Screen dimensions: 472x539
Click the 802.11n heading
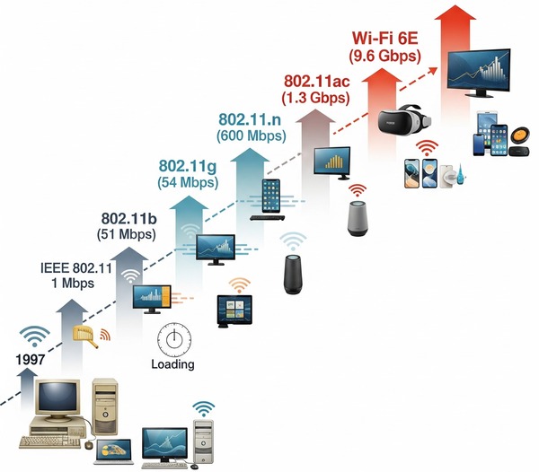tap(251, 119)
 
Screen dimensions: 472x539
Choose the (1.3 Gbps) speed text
tap(315, 96)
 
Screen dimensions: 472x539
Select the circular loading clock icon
tap(174, 339)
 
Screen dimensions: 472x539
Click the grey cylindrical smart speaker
tap(359, 218)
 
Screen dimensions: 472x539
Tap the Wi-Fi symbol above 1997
tap(37, 337)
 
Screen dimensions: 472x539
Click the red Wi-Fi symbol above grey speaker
tap(358, 190)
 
